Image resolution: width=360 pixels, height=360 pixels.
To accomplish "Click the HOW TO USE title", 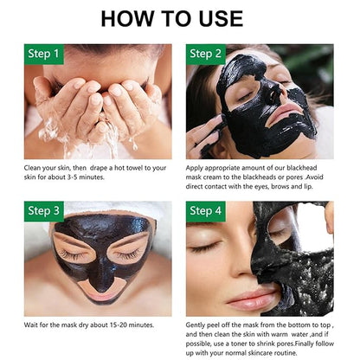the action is coord(172,19).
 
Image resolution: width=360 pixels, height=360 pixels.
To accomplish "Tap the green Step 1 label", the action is coord(44,55).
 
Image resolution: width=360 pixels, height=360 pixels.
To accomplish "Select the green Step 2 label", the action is coord(206,55).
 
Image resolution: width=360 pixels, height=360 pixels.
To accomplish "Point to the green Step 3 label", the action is coord(44,211).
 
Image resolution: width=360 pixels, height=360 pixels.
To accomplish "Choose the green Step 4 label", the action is coord(206,211).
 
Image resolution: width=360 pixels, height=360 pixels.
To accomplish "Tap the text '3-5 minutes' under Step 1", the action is coord(86,177).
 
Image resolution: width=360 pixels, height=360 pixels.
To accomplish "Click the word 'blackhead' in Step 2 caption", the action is coord(302,168).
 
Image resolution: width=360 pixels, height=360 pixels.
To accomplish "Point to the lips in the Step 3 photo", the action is coord(99,296).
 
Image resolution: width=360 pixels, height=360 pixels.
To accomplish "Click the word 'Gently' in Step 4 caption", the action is coord(195,325).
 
